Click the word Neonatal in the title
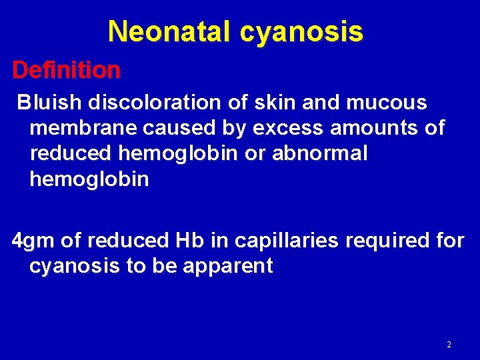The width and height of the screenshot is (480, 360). click(x=163, y=31)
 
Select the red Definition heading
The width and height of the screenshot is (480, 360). click(x=67, y=69)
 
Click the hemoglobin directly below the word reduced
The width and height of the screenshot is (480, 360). click(x=89, y=179)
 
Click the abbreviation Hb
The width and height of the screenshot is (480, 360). click(x=185, y=241)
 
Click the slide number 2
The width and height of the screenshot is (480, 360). click(x=449, y=345)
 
